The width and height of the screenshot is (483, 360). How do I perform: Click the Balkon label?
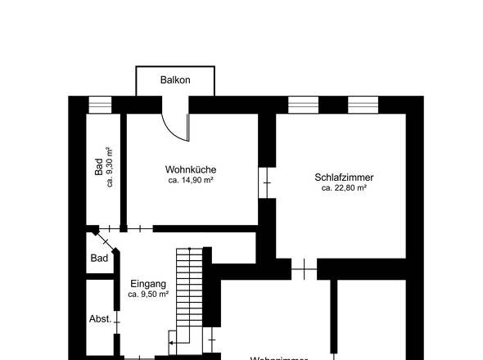pos(176,80)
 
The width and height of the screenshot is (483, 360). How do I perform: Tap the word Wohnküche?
pos(190,169)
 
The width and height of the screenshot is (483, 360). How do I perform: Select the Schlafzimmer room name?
pos(344,177)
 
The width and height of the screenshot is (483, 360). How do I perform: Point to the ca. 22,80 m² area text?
pos(344,187)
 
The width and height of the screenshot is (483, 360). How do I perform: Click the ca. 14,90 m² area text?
pos(190,180)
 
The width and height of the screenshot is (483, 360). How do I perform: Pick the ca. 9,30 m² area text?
pos(110,167)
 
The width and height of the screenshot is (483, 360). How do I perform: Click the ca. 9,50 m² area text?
pos(148,294)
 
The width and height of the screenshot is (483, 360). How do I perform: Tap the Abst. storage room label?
pos(101,319)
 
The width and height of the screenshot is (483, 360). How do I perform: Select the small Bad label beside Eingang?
pos(99,259)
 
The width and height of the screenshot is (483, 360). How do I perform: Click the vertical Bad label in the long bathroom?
pos(99,167)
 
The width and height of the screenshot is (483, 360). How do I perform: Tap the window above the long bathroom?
pos(99,104)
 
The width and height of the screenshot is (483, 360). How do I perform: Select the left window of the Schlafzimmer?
pos(303,104)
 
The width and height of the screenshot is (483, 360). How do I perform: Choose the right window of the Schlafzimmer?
pos(363,104)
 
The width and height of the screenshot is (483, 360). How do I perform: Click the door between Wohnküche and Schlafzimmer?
pos(267,181)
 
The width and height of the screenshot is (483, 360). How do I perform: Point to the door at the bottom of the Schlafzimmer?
pos(304,267)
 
